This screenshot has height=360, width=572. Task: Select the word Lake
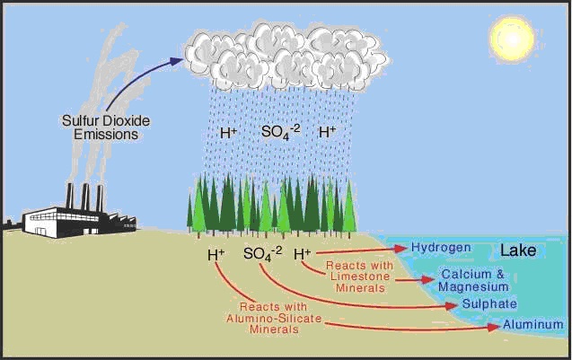(x=518, y=251)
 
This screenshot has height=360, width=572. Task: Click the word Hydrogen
(x=440, y=247)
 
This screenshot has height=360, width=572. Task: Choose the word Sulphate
(x=488, y=304)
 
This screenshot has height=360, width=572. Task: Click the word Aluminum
(x=533, y=324)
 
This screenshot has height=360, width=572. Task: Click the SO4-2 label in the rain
(x=280, y=132)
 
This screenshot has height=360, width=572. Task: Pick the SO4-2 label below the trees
(x=262, y=254)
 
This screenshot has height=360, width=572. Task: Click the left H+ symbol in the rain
(x=229, y=133)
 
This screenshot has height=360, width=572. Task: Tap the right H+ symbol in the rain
(x=327, y=133)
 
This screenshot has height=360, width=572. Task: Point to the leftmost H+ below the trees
(x=216, y=255)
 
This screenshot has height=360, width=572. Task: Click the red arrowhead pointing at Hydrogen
(x=401, y=248)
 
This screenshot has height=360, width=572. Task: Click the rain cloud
(x=283, y=54)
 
